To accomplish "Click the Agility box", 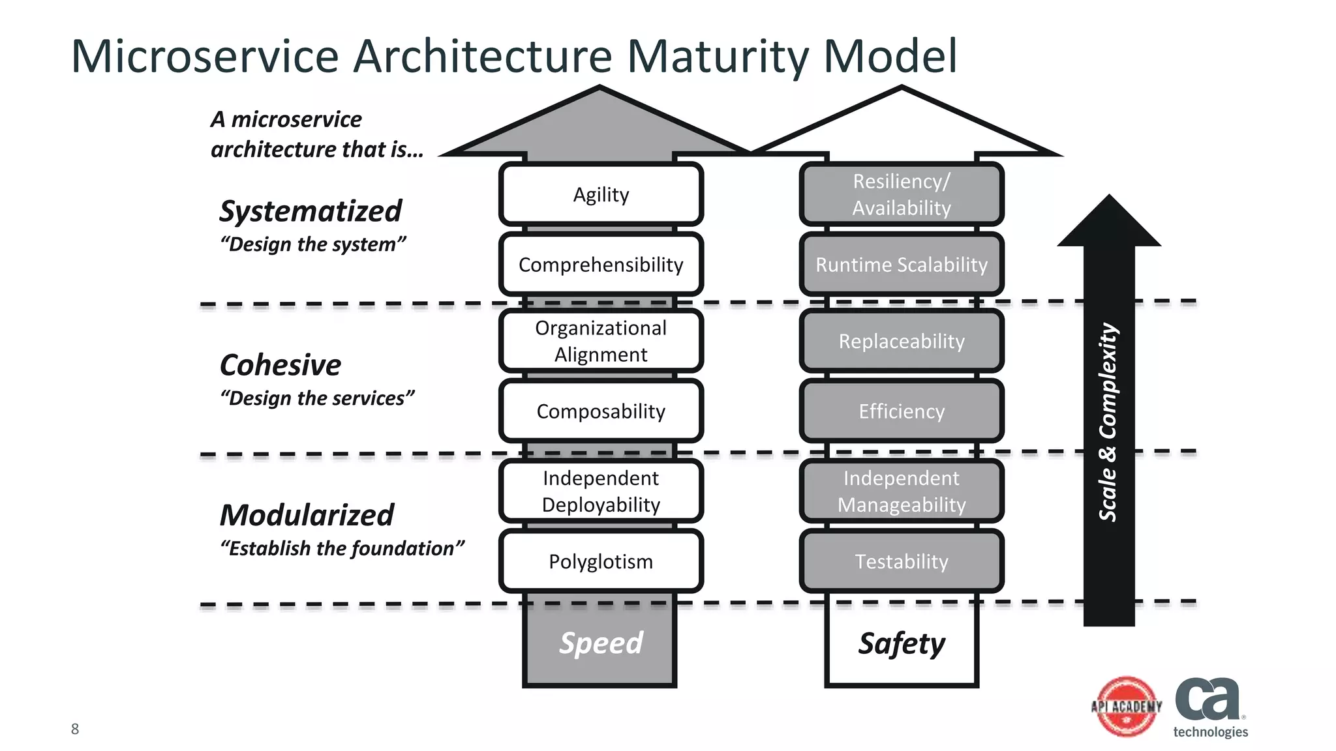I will pyautogui.click(x=601, y=194).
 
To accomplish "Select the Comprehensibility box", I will pyautogui.click(x=601, y=265).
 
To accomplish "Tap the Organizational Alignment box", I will pyautogui.click(x=601, y=341).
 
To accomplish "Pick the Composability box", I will pyautogui.click(x=601, y=411).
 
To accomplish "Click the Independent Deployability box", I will pyautogui.click(x=601, y=491).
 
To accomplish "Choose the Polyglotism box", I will pyautogui.click(x=601, y=561).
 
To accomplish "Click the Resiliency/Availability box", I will pyautogui.click(x=902, y=194).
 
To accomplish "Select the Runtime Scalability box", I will pyautogui.click(x=902, y=265).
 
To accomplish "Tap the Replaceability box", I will pyautogui.click(x=902, y=341).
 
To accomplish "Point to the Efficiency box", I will pyautogui.click(x=902, y=411).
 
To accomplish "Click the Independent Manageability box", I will pyautogui.click(x=902, y=491).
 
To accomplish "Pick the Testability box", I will pyautogui.click(x=902, y=561).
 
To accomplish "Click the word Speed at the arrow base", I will pyautogui.click(x=601, y=643).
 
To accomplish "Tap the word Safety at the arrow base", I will pyautogui.click(x=902, y=643).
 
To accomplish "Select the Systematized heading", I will pyautogui.click(x=311, y=211).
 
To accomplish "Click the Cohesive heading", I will pyautogui.click(x=281, y=365).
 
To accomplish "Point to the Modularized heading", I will pyautogui.click(x=307, y=515).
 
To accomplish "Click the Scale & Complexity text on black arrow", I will pyautogui.click(x=1108, y=422).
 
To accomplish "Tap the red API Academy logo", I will pyautogui.click(x=1127, y=707).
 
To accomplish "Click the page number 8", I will pyautogui.click(x=75, y=729).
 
